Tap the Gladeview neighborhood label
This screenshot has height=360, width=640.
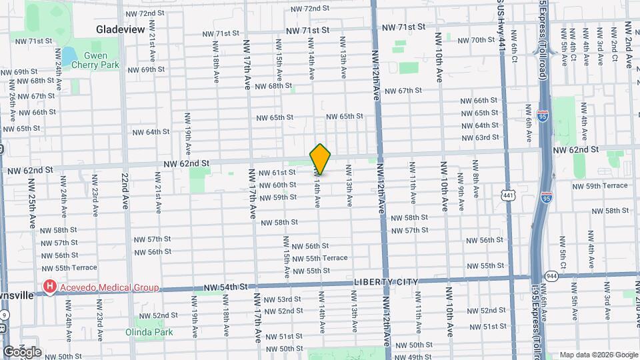pos(121,29)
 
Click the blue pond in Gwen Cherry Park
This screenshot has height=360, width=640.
pos(67,54)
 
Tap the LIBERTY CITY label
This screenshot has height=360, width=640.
pos(385,282)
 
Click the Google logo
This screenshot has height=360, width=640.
pos(21,351)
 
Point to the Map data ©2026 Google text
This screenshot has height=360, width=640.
pos(598,355)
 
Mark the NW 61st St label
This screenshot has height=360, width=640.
pos(277,173)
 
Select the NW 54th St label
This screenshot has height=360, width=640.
pos(225,287)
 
